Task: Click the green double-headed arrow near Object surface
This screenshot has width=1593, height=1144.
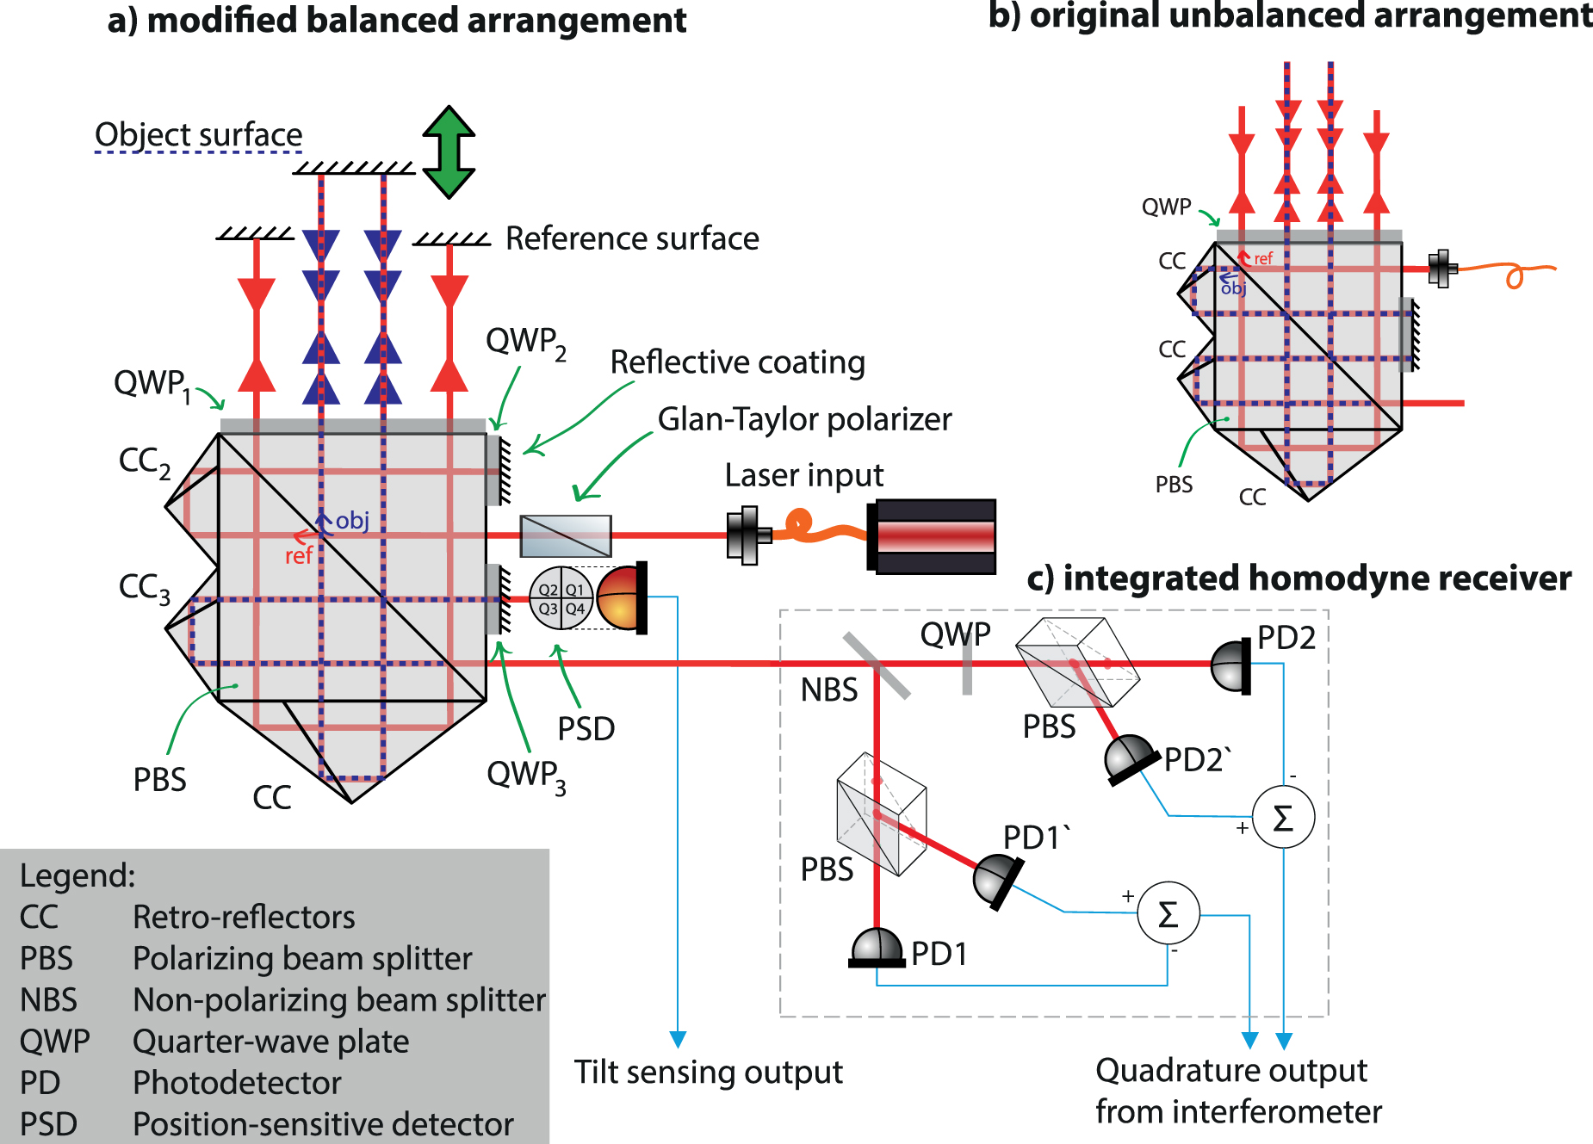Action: pos(449,152)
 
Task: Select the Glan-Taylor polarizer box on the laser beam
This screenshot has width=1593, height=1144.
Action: pos(566,535)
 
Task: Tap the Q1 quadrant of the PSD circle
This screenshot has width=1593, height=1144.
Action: pos(575,590)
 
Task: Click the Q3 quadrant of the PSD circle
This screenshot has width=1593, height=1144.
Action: pos(548,609)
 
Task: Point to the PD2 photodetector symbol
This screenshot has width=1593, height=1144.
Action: pos(1232,665)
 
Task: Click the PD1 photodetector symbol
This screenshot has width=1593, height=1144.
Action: pos(877,949)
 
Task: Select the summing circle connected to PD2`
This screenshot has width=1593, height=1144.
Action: pos(1282,817)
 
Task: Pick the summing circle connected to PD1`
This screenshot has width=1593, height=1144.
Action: pos(1168,914)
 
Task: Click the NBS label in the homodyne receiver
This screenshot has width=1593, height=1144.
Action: pos(828,689)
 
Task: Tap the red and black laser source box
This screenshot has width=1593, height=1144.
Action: pos(933,536)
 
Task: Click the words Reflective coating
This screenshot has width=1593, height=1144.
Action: pos(737,362)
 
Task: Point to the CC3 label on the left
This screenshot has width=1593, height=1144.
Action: pos(144,588)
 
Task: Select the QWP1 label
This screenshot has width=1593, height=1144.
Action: pos(152,384)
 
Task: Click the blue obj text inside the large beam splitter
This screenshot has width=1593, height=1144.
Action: pos(352,521)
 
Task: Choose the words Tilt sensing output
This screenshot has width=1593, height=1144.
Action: pos(708,1073)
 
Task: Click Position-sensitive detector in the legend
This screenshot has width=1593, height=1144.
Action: pos(323,1124)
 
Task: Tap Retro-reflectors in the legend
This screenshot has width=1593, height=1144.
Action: pos(244,918)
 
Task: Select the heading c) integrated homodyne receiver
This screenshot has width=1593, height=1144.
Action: pos(1299,578)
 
